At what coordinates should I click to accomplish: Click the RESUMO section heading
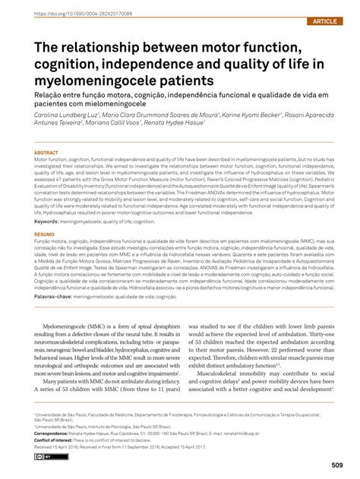[x=45, y=215]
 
